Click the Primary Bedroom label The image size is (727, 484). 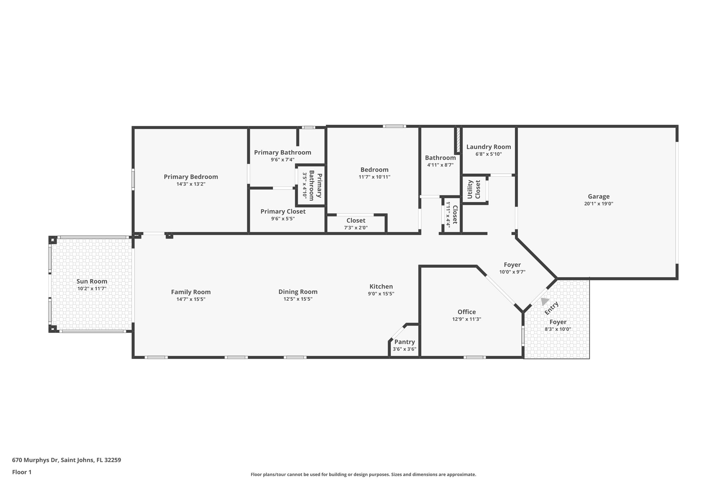[191, 177]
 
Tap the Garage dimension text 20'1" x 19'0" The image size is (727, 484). [598, 204]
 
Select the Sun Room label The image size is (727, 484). [92, 281]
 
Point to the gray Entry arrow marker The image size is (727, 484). [544, 301]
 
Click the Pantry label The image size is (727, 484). [404, 342]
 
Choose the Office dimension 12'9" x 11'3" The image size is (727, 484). [466, 319]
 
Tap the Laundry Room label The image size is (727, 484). [488, 147]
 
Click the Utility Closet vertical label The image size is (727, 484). [474, 189]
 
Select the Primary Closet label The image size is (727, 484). [283, 211]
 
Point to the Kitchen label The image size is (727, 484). [381, 286]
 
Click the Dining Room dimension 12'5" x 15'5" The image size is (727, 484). [297, 299]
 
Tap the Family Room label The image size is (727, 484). [191, 292]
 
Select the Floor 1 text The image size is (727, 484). [22, 472]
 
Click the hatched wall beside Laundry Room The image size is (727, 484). [458, 141]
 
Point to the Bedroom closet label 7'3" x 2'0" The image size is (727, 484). [356, 228]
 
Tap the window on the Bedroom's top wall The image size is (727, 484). [394, 126]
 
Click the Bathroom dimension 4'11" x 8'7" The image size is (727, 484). [440, 165]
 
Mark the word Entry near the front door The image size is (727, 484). [552, 308]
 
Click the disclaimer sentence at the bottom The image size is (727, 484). [363, 474]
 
